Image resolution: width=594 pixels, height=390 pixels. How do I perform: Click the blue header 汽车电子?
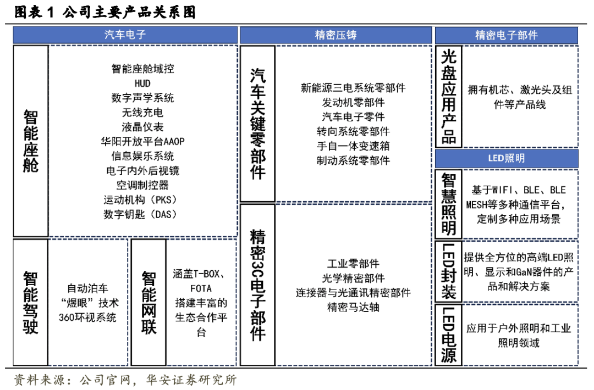coord(125,35)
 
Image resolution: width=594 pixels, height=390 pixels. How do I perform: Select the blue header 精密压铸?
coord(336,35)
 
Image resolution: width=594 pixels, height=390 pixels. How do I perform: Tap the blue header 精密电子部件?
coord(507,35)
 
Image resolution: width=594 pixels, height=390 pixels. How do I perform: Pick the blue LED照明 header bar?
coord(507,158)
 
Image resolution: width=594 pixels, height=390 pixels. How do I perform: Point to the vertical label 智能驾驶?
coord(31,303)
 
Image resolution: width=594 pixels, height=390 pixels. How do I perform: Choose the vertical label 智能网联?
coord(148,303)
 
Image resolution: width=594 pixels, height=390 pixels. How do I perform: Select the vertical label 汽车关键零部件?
coord(257,124)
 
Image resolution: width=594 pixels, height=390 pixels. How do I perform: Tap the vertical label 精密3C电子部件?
coord(257,285)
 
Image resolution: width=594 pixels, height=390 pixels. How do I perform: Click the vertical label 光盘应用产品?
coord(449,96)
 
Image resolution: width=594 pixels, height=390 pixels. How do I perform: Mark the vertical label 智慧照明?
coord(449,203)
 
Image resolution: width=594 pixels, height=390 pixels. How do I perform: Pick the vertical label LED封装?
coord(449,271)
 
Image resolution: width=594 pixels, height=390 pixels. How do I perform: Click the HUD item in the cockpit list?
coord(142,83)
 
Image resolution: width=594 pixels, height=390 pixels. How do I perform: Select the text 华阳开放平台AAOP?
coord(142,141)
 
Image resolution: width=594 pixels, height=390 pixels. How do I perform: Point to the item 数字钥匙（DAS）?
coord(142,214)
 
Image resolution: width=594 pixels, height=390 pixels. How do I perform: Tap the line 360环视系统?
coord(88,317)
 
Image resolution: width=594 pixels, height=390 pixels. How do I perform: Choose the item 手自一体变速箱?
coord(353,146)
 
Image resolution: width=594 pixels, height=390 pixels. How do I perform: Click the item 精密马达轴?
coord(353,307)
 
